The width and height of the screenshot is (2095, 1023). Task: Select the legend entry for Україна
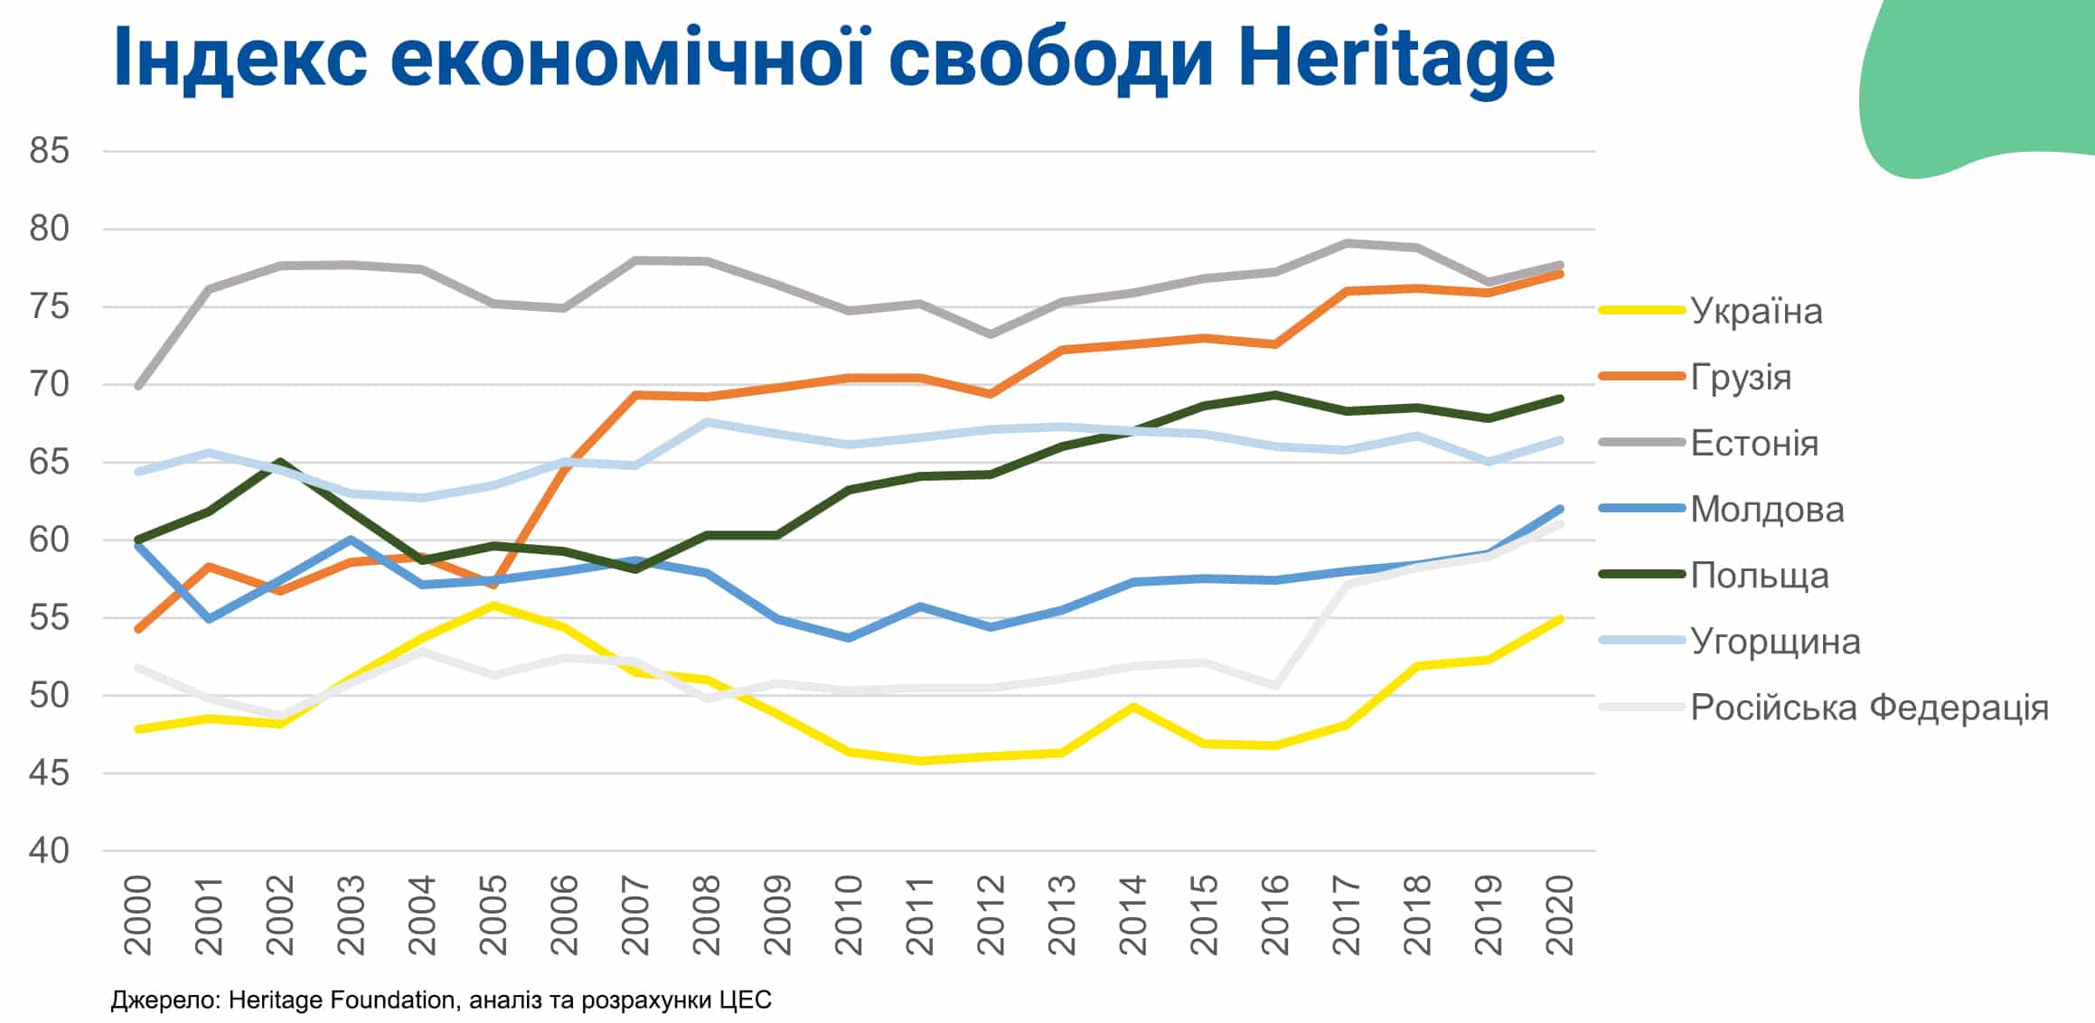(1755, 311)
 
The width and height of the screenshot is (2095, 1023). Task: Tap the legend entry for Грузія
(1740, 377)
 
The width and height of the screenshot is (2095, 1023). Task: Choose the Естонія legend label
(1753, 443)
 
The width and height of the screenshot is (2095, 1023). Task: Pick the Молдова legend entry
(1766, 510)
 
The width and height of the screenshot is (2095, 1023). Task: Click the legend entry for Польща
(1759, 576)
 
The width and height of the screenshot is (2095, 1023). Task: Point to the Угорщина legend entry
(1774, 642)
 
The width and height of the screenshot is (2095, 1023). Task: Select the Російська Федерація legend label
(1868, 708)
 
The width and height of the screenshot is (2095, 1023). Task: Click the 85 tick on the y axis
(49, 151)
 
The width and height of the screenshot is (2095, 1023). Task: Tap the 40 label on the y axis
(49, 850)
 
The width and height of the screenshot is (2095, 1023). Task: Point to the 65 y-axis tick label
(49, 462)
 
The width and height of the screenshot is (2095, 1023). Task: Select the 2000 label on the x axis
(138, 915)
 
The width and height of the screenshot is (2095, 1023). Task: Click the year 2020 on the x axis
(1560, 915)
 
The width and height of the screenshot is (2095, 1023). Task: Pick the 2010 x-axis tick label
(850, 915)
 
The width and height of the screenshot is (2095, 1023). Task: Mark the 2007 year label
(636, 915)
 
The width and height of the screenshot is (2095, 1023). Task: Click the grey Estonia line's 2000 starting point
(138, 386)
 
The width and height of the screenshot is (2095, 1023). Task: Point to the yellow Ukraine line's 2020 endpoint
(1560, 619)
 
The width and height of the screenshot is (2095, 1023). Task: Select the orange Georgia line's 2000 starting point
(138, 629)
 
